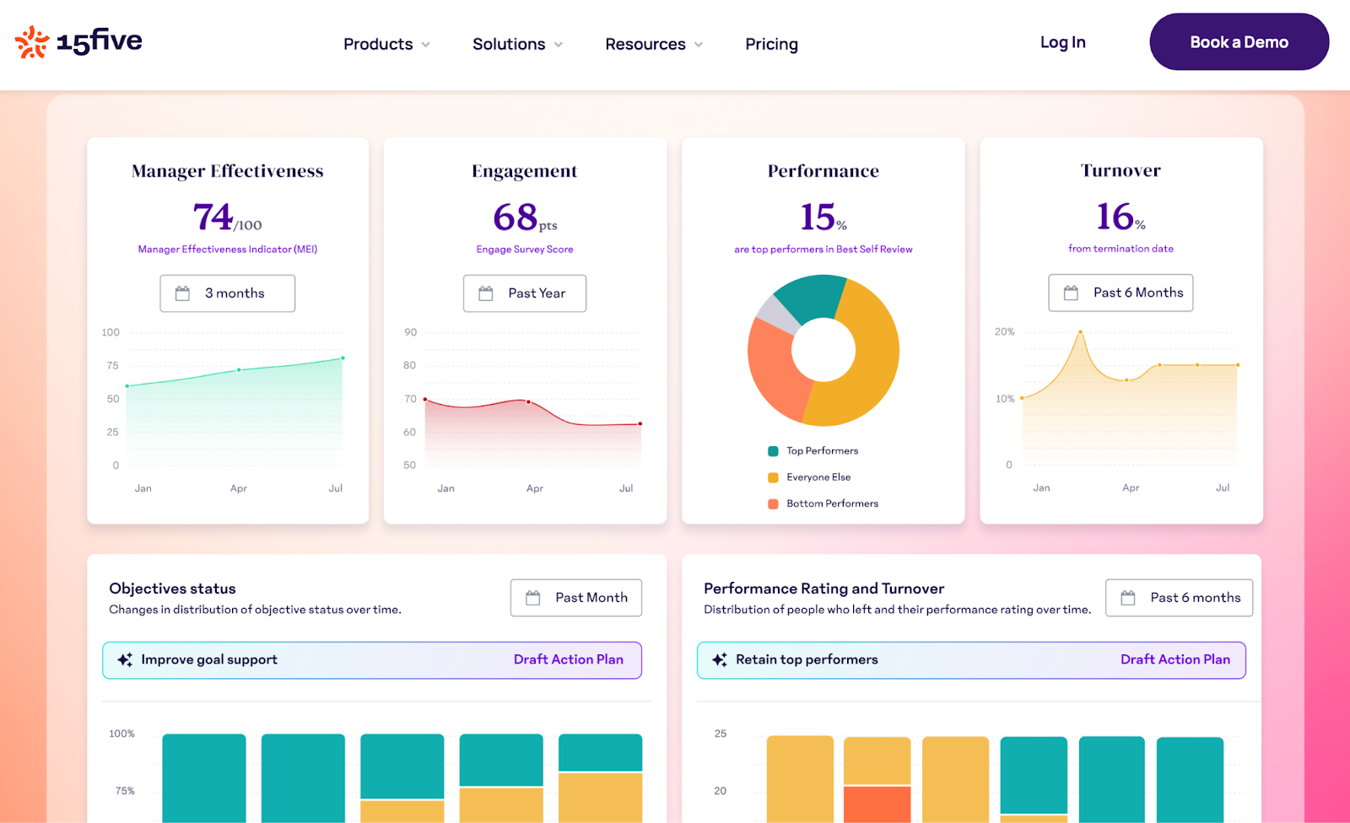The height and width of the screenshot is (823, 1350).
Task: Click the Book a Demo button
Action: point(1239,42)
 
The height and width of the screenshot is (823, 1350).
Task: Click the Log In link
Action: point(1062,42)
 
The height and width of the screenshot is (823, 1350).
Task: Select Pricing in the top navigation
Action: point(771,44)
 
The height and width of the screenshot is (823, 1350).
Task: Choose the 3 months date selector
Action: point(228,293)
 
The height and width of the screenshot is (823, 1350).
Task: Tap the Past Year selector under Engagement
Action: point(525,293)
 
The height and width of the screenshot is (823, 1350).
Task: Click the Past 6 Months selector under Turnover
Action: point(1120,293)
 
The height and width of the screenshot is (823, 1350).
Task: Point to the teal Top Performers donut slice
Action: point(808,299)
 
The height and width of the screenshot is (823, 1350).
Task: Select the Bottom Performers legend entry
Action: point(831,503)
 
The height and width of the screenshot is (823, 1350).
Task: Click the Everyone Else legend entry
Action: point(818,477)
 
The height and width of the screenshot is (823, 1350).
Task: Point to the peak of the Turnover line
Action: point(1080,332)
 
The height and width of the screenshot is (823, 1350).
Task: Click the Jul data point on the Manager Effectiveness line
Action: point(343,358)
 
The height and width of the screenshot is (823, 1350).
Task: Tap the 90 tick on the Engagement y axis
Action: point(410,332)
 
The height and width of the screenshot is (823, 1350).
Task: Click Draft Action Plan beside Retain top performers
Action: point(1174,659)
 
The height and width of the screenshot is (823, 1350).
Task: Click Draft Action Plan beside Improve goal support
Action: point(568,659)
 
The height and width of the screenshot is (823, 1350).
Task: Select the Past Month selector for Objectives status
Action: point(575,598)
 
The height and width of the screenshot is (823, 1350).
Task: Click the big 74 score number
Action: point(213,217)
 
